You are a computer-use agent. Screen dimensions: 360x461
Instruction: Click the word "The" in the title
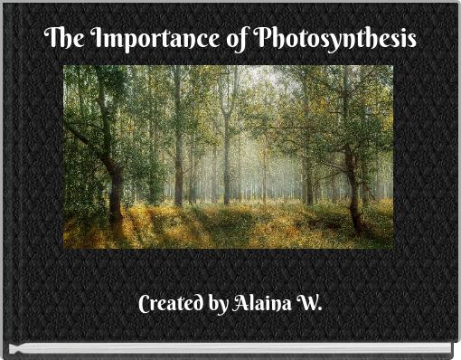(60, 40)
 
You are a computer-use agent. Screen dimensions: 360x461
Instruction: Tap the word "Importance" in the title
(133, 41)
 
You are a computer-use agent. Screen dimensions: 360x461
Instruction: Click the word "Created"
(170, 304)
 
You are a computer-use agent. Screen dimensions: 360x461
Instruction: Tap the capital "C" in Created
(145, 304)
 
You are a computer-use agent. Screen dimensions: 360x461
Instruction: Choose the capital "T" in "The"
(50, 40)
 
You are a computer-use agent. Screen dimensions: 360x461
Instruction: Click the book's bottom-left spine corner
(6, 351)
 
